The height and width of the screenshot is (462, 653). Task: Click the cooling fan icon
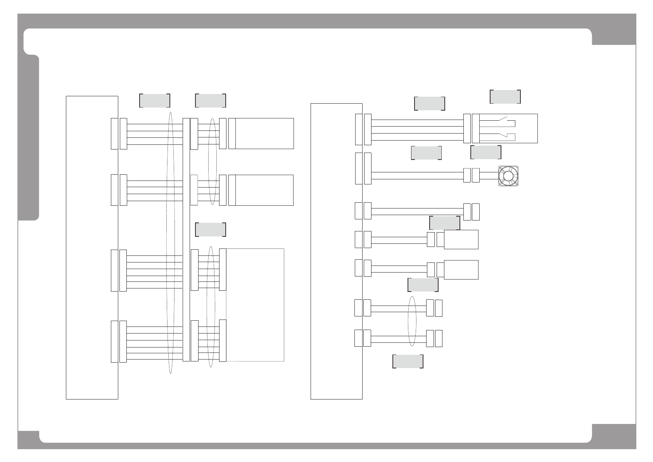[x=508, y=176]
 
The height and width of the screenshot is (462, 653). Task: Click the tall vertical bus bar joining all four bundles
[x=186, y=240]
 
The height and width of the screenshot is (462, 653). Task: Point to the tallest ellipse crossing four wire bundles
[x=170, y=243]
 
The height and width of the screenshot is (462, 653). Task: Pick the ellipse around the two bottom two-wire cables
[x=412, y=321]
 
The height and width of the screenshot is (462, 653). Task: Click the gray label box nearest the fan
[x=485, y=152]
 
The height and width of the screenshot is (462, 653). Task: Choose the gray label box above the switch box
[x=505, y=97]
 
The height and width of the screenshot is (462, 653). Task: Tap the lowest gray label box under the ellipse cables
[x=408, y=361]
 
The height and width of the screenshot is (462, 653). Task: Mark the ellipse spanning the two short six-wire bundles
[x=211, y=306]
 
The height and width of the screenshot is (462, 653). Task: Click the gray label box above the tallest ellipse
[x=154, y=100]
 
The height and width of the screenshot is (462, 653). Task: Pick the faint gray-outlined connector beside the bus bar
[x=194, y=190]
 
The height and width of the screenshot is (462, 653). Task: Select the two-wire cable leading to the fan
[x=417, y=175]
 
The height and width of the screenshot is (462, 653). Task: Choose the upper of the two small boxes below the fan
[x=461, y=240]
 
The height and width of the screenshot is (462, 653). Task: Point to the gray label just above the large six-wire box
[x=211, y=229]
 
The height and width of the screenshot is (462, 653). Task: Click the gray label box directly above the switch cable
[x=429, y=104]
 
